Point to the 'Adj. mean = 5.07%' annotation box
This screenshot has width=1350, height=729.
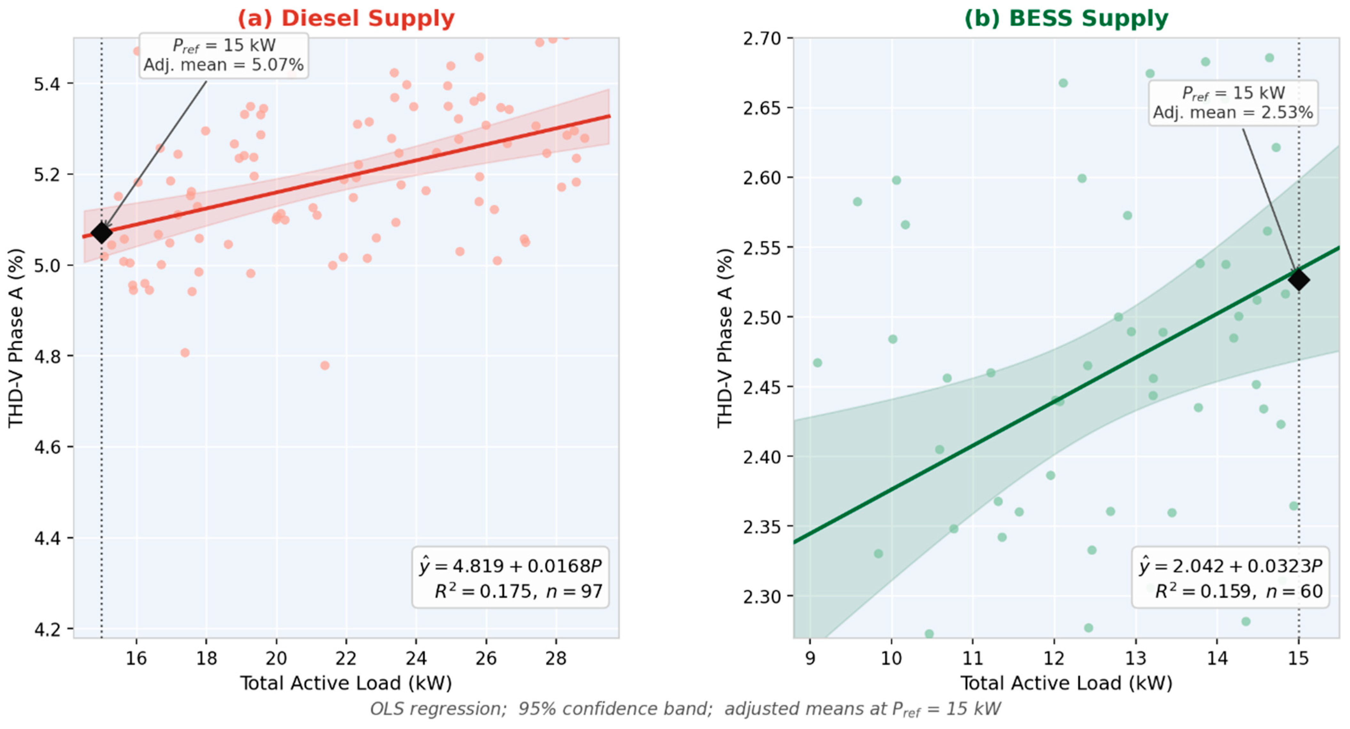click(x=224, y=56)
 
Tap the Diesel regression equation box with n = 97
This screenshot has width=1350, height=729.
click(x=511, y=578)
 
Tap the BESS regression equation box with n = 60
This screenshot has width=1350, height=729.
click(x=1230, y=578)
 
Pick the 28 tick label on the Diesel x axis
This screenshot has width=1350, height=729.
click(x=556, y=658)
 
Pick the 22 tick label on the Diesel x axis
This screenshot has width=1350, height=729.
click(x=346, y=658)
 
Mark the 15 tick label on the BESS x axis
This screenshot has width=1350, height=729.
click(x=1298, y=658)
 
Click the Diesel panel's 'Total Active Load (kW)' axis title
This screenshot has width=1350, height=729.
click(x=346, y=684)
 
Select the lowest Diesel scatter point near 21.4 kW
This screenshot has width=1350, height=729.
click(x=325, y=365)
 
